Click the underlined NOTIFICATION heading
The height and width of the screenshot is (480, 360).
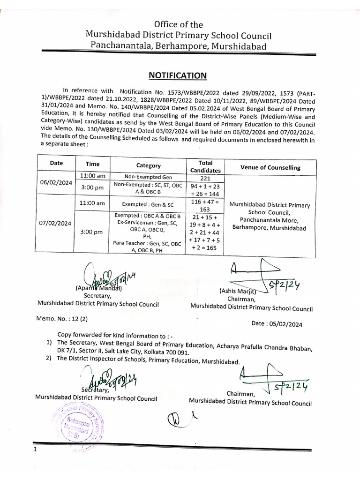[178, 75]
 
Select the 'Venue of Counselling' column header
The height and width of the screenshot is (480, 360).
[270, 167]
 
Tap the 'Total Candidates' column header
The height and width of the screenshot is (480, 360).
[205, 167]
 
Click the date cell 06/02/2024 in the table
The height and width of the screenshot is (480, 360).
[55, 183]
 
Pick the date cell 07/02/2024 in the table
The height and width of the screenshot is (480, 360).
[55, 223]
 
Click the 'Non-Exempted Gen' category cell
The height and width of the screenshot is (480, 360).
[148, 177]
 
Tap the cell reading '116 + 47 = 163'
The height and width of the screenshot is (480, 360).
[205, 205]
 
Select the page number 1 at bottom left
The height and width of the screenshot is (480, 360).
[35, 450]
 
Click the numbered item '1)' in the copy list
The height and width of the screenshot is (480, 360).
[49, 343]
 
